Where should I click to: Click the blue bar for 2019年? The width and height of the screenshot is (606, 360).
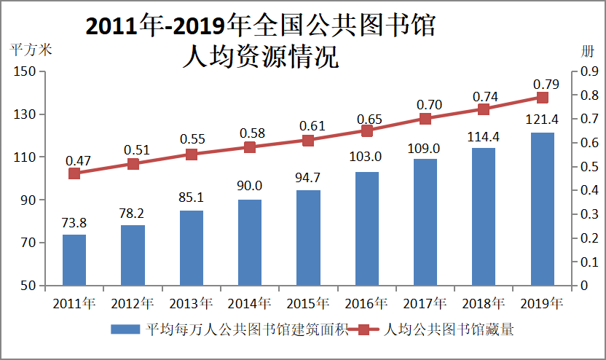542,208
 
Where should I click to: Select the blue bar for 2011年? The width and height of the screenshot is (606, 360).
74,259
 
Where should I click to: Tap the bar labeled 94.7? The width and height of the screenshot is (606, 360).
308,238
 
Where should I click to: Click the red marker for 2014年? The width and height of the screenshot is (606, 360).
250,147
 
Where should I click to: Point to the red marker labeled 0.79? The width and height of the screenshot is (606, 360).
542,98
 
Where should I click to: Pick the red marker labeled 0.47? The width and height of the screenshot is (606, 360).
74,173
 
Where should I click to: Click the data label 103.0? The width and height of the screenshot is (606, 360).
366,157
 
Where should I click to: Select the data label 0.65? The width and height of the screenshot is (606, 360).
366,118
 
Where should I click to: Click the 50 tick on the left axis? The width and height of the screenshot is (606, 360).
28,286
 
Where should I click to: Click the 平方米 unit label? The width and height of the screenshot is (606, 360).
31,50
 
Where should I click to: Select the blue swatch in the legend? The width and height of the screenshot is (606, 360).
126,330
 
